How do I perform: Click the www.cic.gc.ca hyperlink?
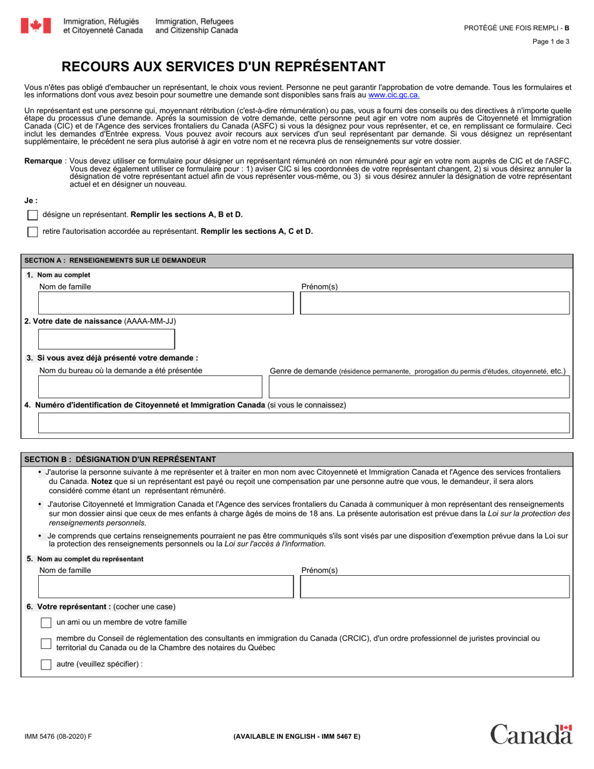tap(394, 95)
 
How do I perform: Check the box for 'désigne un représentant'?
tap(33, 215)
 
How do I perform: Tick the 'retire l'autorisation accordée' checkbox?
tap(33, 232)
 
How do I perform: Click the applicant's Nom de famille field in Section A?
tap(166, 303)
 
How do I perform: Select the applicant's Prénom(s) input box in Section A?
tap(435, 303)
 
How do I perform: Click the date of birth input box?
tap(106, 339)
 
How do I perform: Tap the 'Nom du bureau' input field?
tap(150, 387)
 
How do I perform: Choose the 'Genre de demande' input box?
tap(419, 387)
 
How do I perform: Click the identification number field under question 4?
tap(304, 423)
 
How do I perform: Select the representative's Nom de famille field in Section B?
tap(166, 587)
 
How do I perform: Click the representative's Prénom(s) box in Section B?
tap(435, 587)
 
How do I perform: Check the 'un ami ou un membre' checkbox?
tap(46, 623)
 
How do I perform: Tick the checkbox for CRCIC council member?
tap(46, 643)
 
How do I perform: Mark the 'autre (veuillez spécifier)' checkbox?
tap(46, 665)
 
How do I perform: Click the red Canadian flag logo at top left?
tap(36, 26)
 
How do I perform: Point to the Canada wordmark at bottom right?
tap(531, 735)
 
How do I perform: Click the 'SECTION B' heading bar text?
tap(120, 460)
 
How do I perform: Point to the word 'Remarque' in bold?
tap(43, 161)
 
